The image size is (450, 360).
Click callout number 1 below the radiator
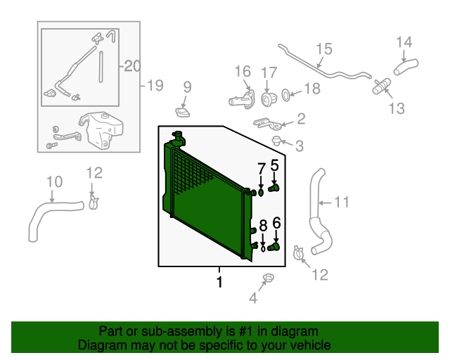tap(219, 282)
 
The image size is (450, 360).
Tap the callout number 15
tap(323, 49)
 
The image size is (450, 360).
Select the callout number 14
tap(404, 42)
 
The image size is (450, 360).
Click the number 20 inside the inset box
tap(132, 66)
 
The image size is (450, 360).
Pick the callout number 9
tap(187, 87)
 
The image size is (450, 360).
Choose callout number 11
tap(341, 203)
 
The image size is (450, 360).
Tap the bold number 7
tap(261, 169)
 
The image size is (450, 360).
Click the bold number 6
tap(276, 223)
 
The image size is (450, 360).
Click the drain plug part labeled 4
tap(268, 281)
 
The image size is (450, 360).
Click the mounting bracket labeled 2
tap(270, 123)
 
